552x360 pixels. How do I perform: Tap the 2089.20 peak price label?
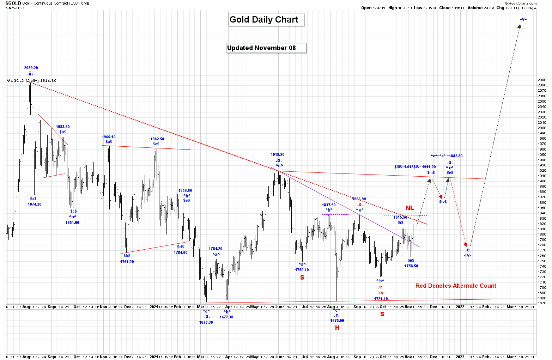tap(31, 68)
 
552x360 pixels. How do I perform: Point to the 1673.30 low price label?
tap(206, 322)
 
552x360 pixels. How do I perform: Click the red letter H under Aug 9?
tap(337, 328)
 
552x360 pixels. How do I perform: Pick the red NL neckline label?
tap(410, 208)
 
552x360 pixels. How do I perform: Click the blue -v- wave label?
tap(523, 19)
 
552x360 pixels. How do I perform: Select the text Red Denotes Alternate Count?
tap(456, 286)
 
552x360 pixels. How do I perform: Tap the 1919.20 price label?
tap(278, 154)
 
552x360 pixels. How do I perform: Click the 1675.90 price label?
tap(337, 321)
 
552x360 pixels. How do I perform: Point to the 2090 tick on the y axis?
tap(542, 80)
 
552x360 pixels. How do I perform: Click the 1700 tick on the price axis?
tap(542, 287)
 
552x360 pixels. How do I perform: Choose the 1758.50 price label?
tap(411, 266)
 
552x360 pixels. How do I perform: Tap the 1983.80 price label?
tap(63, 127)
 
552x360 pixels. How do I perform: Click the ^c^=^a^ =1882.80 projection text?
tap(447, 156)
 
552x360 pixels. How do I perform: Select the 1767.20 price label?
tap(127, 262)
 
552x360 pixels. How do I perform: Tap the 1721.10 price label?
tap(381, 299)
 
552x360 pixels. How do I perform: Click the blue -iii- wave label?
tap(31, 74)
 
